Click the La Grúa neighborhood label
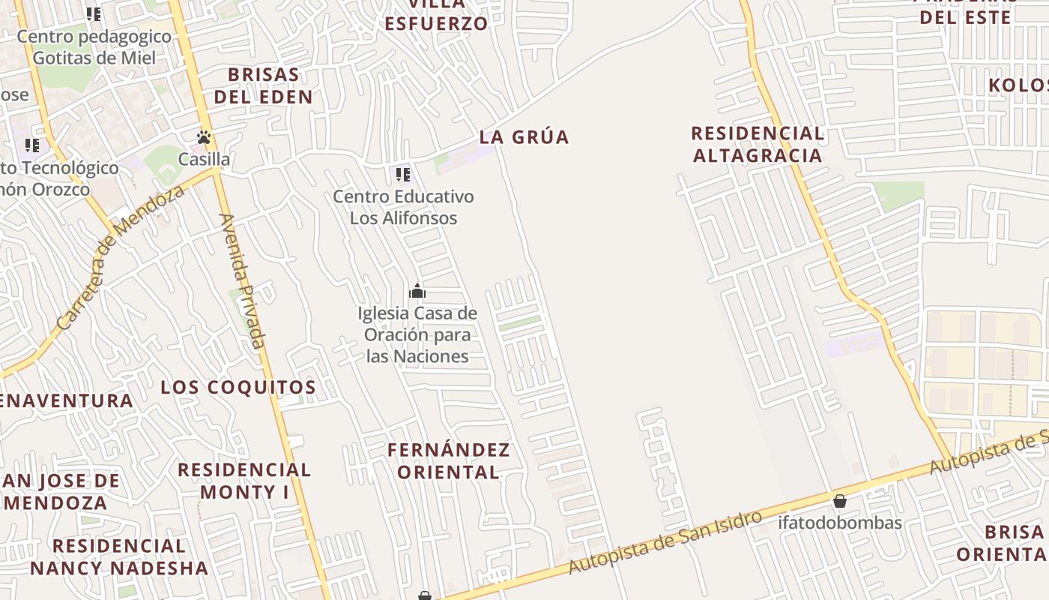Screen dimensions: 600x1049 point(524,137)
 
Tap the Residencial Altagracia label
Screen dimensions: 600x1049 point(757,144)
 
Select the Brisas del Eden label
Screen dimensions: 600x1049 point(263,85)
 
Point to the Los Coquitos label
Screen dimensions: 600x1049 point(238,388)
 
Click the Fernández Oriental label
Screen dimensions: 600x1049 point(448,460)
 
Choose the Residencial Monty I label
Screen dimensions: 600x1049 point(244,481)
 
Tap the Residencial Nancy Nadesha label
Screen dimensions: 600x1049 point(119,556)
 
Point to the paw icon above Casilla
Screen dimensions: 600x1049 point(204,137)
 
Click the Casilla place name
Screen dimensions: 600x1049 point(204,159)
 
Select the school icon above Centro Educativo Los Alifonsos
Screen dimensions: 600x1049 point(403,175)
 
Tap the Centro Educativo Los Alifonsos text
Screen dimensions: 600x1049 point(403,207)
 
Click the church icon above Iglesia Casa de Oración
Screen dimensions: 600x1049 point(417,292)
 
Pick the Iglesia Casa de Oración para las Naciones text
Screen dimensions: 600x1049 point(417,334)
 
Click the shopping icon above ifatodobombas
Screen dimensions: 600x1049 point(840,500)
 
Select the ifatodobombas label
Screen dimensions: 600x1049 point(840,523)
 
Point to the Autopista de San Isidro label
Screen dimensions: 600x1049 point(665,541)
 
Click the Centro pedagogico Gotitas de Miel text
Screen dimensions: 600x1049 point(94,46)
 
